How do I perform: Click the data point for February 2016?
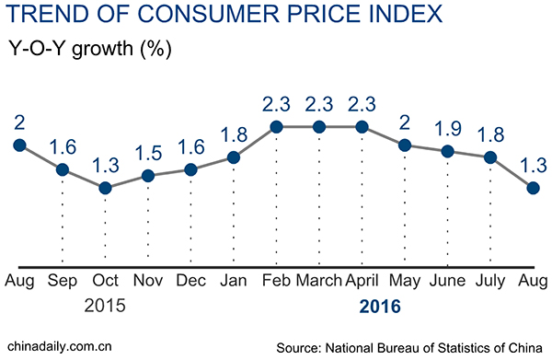276,127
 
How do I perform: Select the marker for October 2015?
105,188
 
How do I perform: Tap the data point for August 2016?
534,188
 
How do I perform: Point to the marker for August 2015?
18,145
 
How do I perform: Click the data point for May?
405,145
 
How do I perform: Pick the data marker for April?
362,127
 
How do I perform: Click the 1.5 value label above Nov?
147,150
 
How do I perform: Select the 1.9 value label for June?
447,127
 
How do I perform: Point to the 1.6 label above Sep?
62,145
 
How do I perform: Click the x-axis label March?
318,279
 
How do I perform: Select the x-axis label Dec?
190,279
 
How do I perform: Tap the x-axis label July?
490,279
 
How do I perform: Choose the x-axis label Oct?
105,279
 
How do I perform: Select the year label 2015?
105,305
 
